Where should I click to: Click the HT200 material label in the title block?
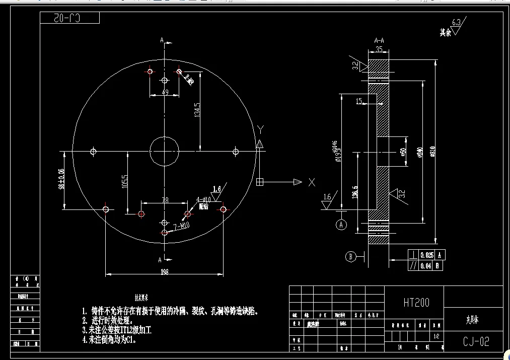(416, 303)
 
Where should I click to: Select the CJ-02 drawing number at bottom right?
(476, 342)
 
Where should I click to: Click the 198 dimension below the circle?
(164, 272)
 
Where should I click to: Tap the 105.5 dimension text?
(124, 182)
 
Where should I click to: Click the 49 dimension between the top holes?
(165, 92)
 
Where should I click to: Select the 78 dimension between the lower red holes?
(165, 200)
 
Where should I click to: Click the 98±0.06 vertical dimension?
(61, 179)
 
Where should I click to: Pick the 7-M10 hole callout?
(180, 227)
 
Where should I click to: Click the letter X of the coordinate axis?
(312, 182)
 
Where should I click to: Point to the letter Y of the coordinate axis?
(260, 129)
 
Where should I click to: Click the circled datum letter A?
(342, 225)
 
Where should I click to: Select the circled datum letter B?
(351, 257)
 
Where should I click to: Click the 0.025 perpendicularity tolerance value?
(427, 255)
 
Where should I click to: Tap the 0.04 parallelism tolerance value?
(427, 266)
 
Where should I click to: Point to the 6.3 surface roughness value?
(457, 22)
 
